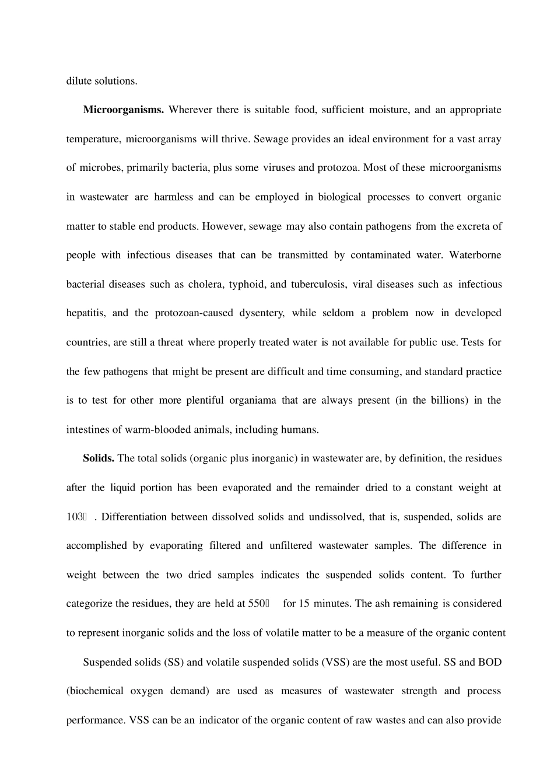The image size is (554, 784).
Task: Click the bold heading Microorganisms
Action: pyautogui.click(x=123, y=110)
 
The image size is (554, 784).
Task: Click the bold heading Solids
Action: pyautogui.click(x=99, y=458)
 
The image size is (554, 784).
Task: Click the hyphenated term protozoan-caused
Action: pyautogui.click(x=191, y=313)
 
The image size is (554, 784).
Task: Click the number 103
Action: pyautogui.click(x=74, y=517)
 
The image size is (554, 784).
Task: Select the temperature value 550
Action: pyautogui.click(x=256, y=604)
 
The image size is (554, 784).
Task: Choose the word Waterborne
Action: pyautogui.click(x=475, y=255)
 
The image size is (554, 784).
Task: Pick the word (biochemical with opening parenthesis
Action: pyautogui.click(x=94, y=691)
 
